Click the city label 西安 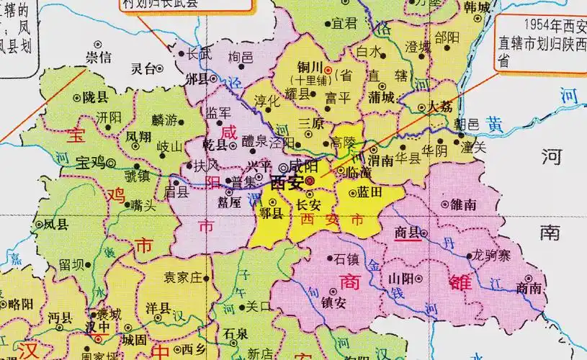click(285, 183)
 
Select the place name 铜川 click(307, 68)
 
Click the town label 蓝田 click(368, 193)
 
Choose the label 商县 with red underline click(408, 233)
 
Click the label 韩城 click(477, 8)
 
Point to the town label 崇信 click(99, 56)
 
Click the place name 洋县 click(158, 308)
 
